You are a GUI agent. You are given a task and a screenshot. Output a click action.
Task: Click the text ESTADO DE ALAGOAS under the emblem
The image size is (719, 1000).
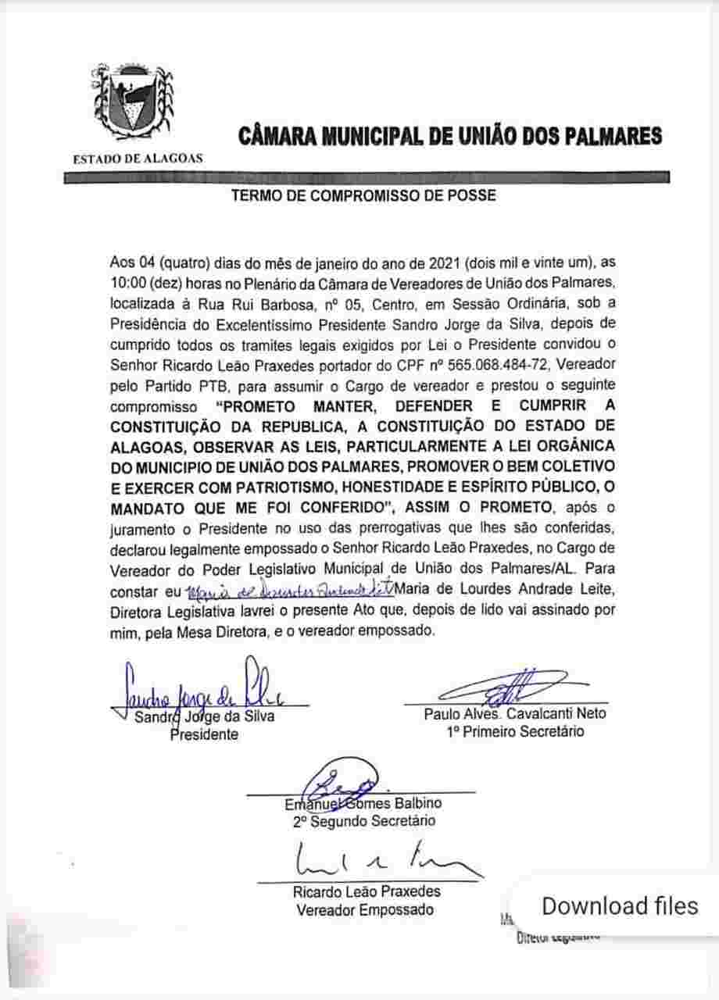pos(138,158)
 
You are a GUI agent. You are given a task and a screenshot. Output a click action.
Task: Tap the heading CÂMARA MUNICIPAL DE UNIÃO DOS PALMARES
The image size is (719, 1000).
pos(450,136)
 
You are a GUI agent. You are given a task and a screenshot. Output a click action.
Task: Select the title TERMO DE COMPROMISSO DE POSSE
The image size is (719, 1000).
pos(363,195)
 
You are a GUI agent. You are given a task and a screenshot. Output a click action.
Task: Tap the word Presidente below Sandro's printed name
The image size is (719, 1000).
pos(204,734)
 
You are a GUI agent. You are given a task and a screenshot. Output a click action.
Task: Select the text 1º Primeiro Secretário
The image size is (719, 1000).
pos(515,732)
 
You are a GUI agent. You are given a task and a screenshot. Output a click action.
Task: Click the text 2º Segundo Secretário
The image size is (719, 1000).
pos(363,821)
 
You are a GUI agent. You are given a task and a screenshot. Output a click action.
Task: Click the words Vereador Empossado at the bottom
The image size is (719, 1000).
pos(364,909)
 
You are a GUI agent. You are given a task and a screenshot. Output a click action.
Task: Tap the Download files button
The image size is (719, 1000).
pos(619,905)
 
